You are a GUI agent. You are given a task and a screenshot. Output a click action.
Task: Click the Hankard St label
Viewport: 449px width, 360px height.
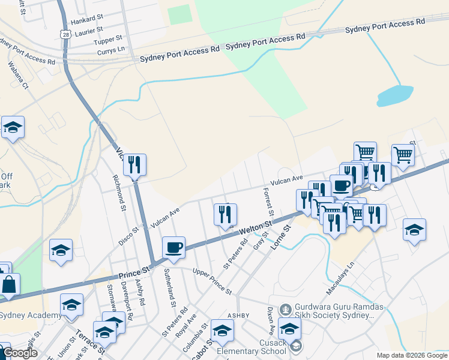click(88, 21)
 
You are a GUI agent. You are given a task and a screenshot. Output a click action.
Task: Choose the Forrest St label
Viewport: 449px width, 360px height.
click(268, 202)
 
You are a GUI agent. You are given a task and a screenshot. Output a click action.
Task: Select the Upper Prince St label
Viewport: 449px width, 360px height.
click(212, 280)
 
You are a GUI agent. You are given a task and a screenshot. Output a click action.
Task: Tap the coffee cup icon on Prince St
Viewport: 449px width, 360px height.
click(174, 247)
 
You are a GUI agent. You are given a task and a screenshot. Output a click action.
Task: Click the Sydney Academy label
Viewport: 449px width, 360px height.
click(30, 316)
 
